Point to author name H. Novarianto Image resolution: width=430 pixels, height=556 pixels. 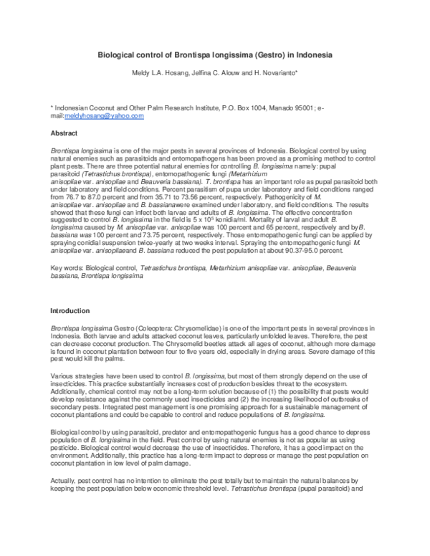278,72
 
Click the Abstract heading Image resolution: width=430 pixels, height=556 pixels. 64,134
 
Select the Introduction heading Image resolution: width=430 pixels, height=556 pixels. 70,311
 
